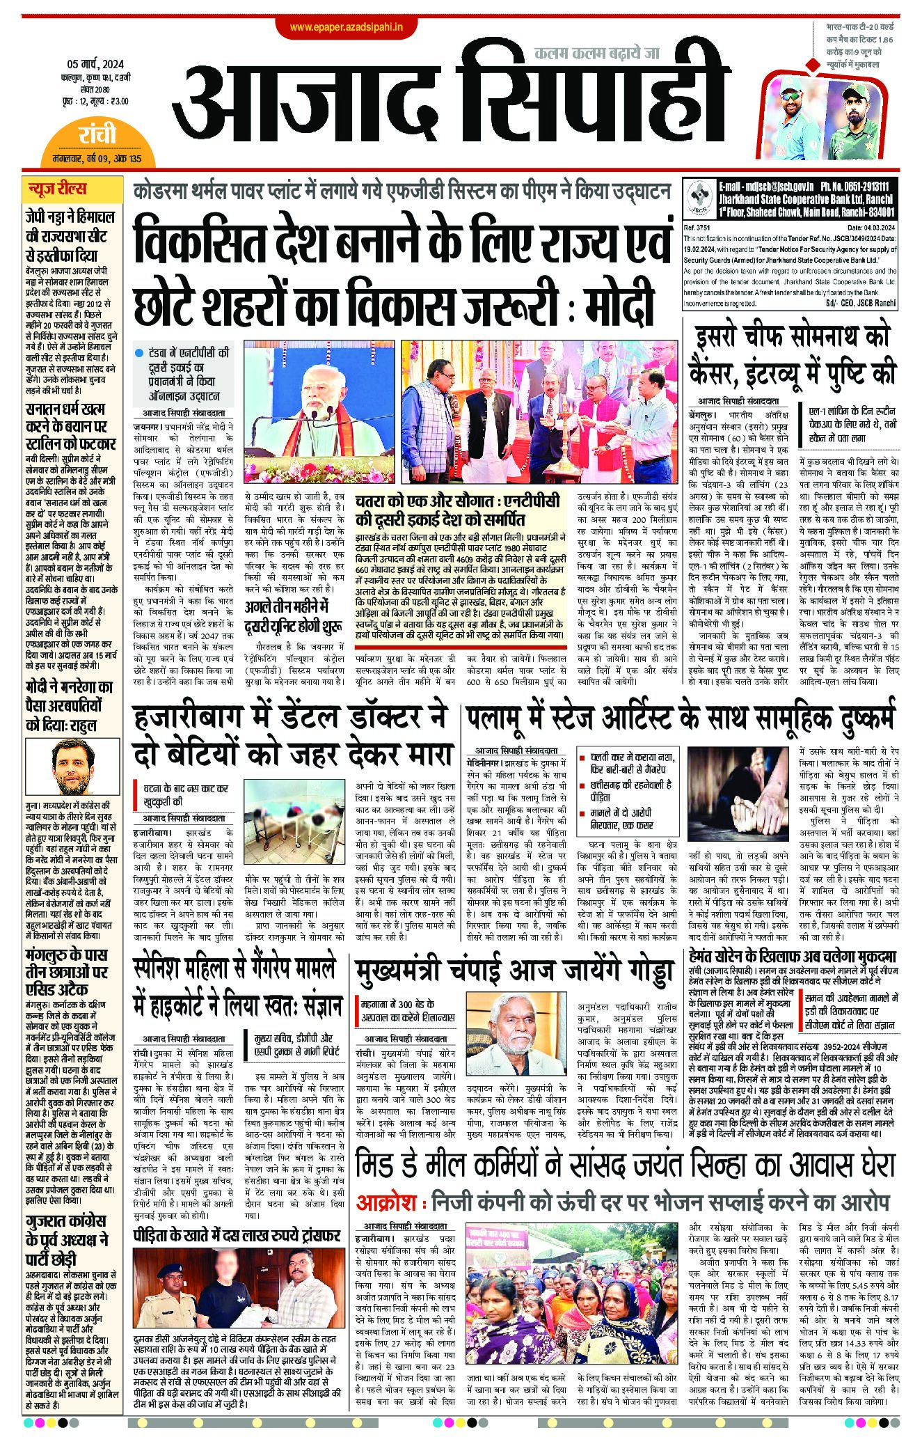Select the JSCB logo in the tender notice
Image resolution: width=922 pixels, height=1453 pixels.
(699, 197)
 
